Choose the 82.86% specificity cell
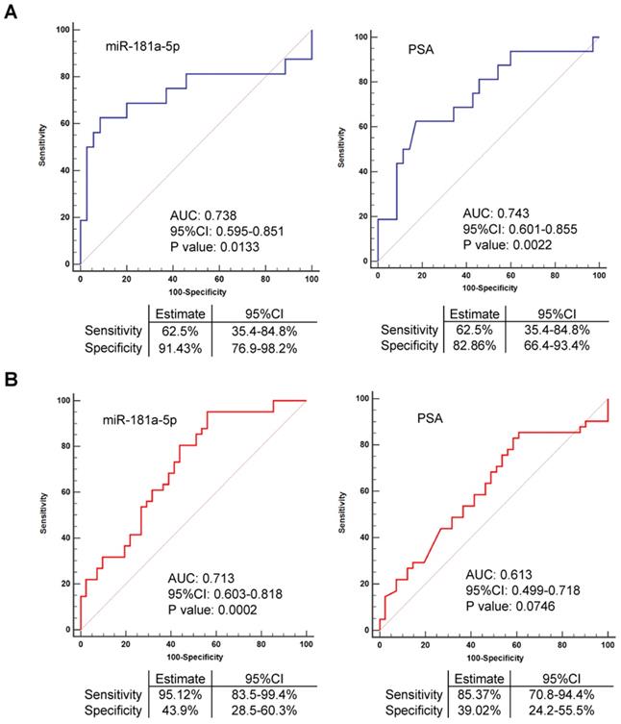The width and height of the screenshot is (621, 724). point(472,346)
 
